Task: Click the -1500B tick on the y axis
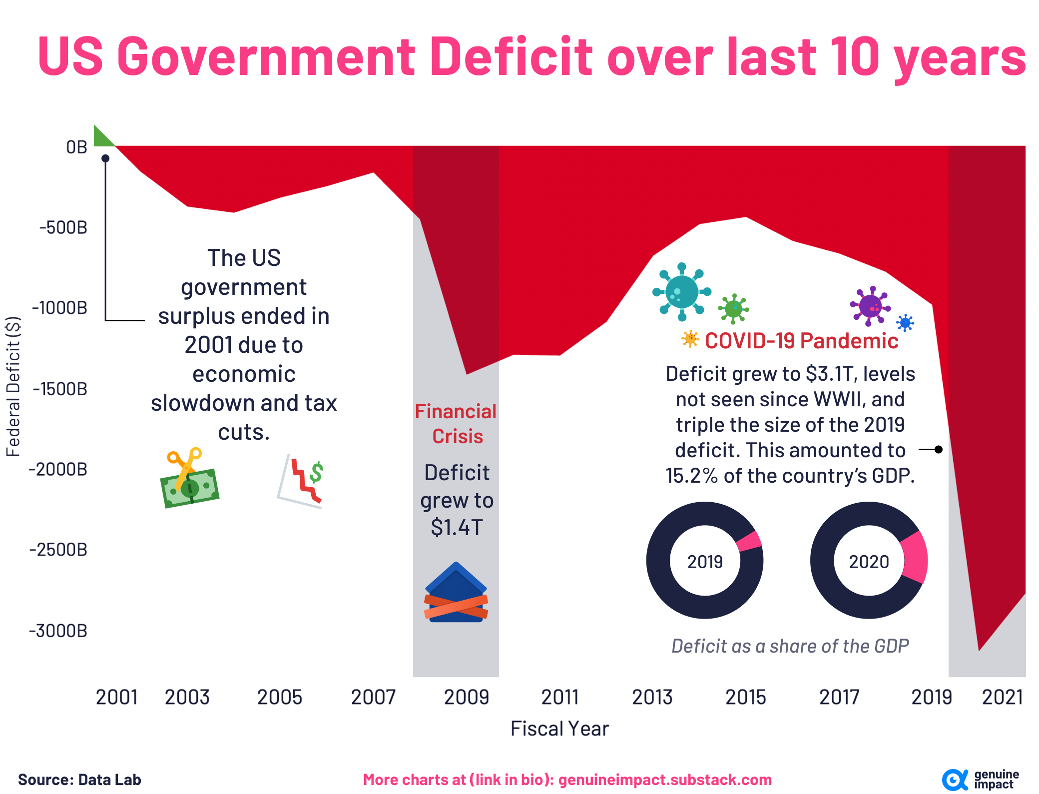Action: coord(60,388)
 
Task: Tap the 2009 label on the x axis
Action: coord(466,697)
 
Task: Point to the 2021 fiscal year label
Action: coord(1002,697)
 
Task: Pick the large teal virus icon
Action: coord(681,292)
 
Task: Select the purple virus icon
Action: coord(870,305)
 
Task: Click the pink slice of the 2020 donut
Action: coord(916,558)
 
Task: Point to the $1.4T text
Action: coord(457,527)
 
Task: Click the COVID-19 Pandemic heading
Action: coord(801,341)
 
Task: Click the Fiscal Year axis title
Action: coord(559,729)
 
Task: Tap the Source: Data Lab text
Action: coord(79,780)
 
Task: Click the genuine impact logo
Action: coord(979,780)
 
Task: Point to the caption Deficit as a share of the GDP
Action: coord(790,646)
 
